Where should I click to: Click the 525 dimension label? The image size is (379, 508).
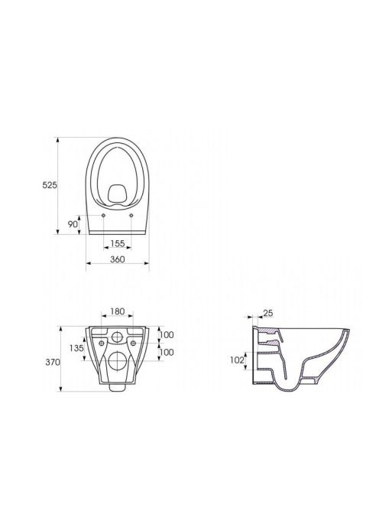50,185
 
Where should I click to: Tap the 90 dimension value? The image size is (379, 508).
73,224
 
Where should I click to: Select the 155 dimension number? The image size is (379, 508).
118,243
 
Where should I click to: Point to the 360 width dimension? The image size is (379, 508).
118,259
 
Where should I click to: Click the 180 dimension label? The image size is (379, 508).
118,311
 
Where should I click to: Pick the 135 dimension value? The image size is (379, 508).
76,348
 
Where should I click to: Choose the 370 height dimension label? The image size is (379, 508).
53,362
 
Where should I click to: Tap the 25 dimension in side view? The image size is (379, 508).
268,313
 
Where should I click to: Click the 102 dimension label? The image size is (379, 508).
237,360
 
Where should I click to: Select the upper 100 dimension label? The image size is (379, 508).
167,334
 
